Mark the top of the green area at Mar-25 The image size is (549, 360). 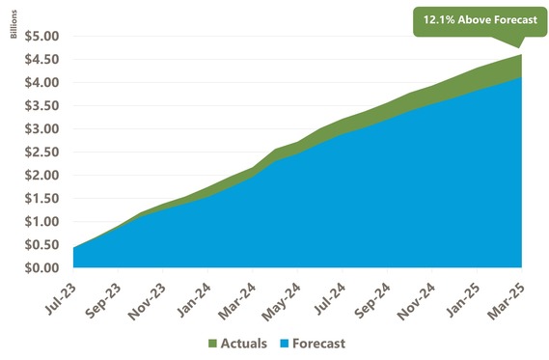[522, 55]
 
